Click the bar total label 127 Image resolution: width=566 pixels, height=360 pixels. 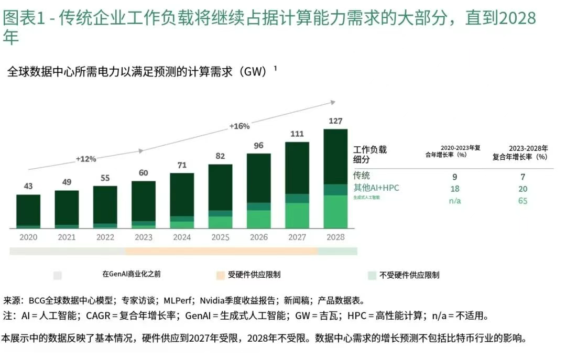pos(335,121)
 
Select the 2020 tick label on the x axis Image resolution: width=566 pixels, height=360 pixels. pos(28,237)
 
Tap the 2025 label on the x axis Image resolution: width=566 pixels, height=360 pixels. pos(220,237)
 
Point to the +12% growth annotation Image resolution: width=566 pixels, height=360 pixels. pos(86,159)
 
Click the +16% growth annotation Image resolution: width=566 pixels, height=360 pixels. pos(240,126)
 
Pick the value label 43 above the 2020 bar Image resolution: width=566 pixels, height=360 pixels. pos(28,187)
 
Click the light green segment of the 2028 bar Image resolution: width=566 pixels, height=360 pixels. pos(335,212)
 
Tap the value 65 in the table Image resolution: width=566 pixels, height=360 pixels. pos(523,201)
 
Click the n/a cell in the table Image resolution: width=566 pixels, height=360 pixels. pos(455,201)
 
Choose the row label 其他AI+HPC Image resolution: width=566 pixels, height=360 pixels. pos(376,188)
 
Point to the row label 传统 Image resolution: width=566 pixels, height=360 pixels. pos(362,176)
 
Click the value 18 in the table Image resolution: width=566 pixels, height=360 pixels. pos(455,189)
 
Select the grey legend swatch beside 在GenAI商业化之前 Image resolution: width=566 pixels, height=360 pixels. pos(58,275)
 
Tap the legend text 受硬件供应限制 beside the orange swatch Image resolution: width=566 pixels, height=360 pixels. pos(254,275)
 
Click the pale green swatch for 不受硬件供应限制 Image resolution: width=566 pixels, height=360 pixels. pos(372,275)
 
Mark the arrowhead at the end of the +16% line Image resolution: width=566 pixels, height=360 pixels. pos(332,102)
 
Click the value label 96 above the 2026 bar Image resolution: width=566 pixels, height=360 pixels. pos(258,146)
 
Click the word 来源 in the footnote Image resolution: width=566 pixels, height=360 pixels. pos(13,301)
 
